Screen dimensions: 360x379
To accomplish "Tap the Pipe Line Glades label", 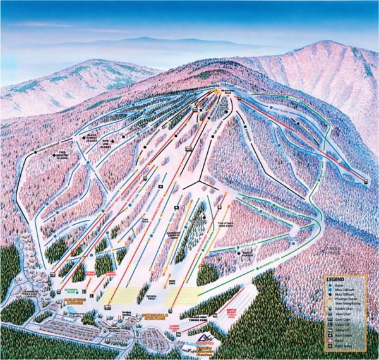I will pos(117,143).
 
